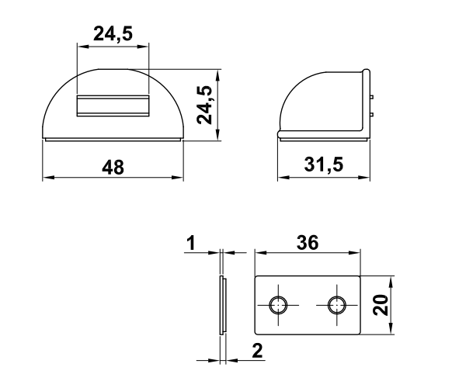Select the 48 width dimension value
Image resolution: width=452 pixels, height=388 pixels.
click(113, 165)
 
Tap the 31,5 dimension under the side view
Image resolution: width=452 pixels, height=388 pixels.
click(324, 165)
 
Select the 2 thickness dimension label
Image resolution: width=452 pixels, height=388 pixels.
click(257, 350)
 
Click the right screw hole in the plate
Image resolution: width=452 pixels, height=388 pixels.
click(337, 305)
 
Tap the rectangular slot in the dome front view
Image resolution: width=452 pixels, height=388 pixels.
click(112, 106)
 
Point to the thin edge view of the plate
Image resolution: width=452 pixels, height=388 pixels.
click(222, 305)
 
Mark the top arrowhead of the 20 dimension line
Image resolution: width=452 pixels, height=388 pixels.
click(391, 280)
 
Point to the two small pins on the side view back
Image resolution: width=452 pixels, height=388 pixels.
click(374, 106)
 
